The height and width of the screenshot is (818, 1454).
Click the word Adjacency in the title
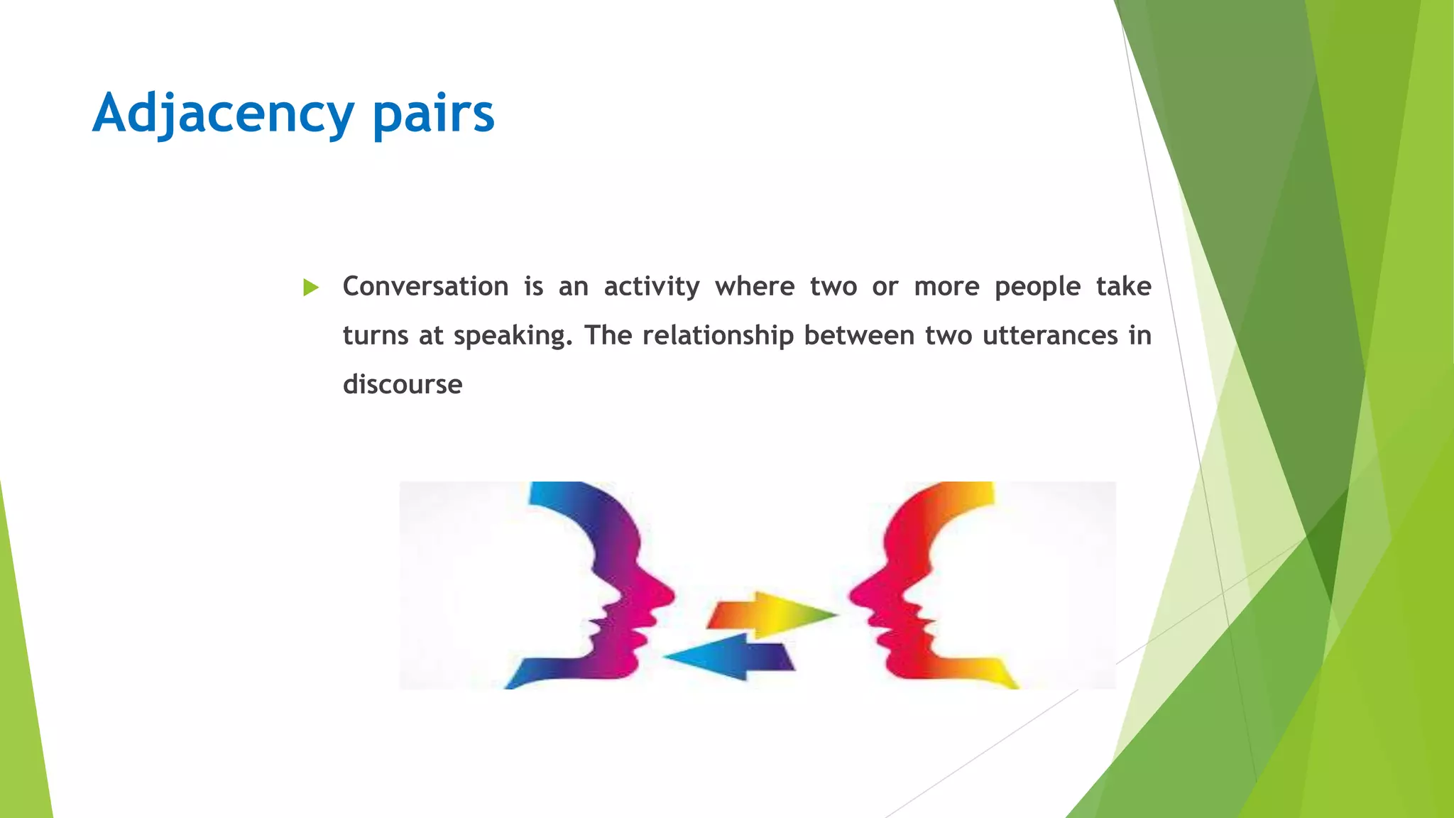tap(223, 114)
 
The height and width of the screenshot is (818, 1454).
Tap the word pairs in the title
tap(433, 114)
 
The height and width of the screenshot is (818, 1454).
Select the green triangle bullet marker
tap(310, 288)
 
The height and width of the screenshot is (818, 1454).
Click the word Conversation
tap(425, 287)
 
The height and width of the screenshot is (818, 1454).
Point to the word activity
tap(651, 287)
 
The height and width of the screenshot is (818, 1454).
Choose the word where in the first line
tap(755, 287)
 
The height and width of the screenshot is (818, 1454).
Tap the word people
tap(1037, 287)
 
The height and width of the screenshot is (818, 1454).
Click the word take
tap(1123, 287)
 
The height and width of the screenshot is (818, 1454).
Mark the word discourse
tap(403, 385)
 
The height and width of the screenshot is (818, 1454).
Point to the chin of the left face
tap(625, 664)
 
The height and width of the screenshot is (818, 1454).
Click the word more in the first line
tap(946, 287)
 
